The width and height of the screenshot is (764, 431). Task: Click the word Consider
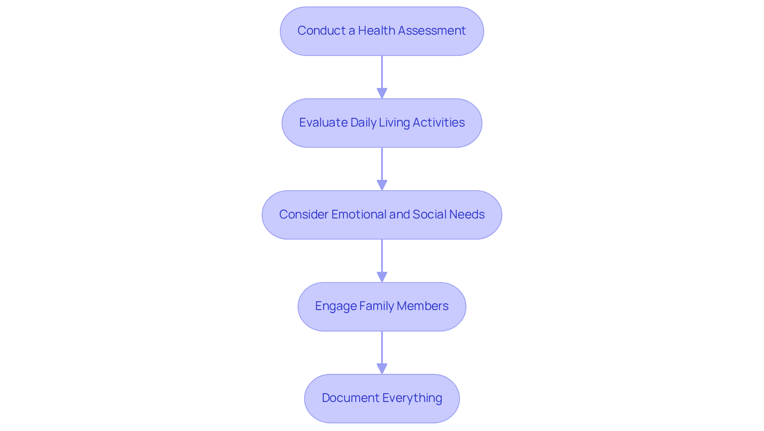(x=304, y=215)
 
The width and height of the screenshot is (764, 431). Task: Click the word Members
(x=423, y=306)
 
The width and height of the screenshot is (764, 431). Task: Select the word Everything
(x=412, y=398)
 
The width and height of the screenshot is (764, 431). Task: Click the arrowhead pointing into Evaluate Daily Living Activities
(x=382, y=93)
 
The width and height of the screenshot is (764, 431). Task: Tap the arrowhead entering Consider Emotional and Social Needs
(x=382, y=185)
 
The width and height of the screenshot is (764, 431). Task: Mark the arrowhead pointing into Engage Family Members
(x=382, y=277)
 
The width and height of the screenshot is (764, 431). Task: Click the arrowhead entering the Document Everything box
(x=382, y=369)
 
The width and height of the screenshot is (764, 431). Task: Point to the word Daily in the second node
(x=363, y=123)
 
